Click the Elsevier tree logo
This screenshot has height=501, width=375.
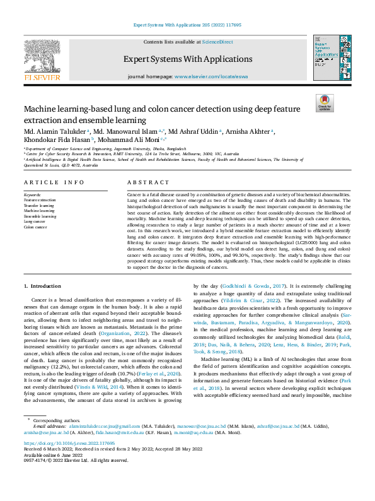click(42, 60)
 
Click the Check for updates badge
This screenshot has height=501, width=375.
click(325, 104)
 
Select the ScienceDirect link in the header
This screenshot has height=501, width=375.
click(217, 42)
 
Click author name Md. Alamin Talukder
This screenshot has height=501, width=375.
click(54, 131)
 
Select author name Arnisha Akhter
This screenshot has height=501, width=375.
click(253, 131)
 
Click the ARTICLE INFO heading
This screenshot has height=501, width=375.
click(54, 182)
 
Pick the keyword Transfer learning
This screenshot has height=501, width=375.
click(39, 205)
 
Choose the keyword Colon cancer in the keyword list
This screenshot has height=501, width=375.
click(36, 227)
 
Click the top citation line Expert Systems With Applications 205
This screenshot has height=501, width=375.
click(187, 25)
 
